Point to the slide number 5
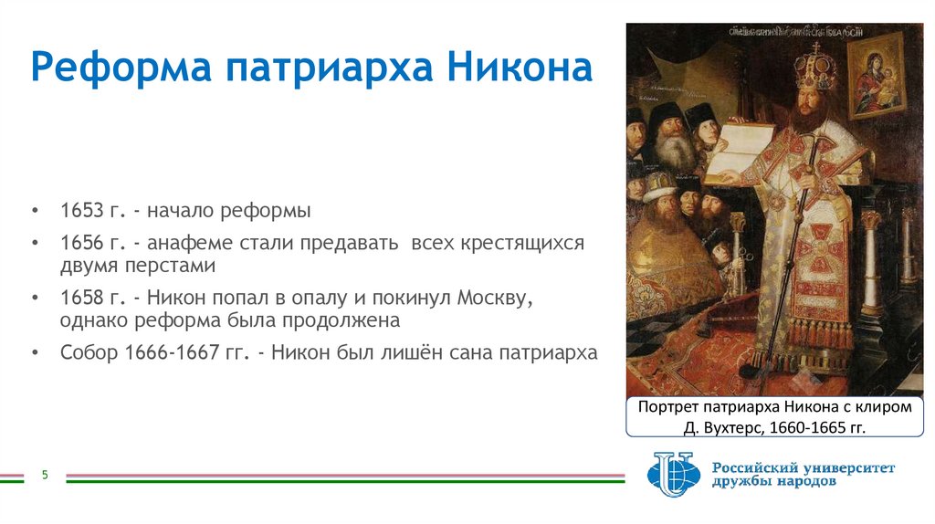click(x=43, y=475)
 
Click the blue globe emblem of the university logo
click(x=673, y=473)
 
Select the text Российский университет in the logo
click(x=804, y=467)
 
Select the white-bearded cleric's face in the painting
click(x=674, y=148)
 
